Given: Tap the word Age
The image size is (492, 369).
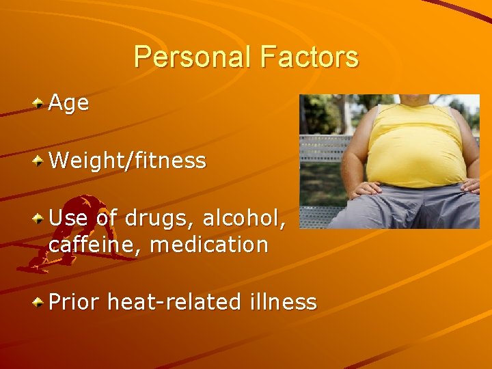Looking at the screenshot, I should pyautogui.click(x=69, y=103).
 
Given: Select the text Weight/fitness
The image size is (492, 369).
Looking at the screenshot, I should pyautogui.click(x=127, y=161).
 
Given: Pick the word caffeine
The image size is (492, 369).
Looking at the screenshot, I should pyautogui.click(x=95, y=244).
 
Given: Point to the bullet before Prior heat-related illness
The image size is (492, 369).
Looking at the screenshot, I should pyautogui.click(x=40, y=301).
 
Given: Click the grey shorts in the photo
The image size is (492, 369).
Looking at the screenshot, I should pyautogui.click(x=410, y=208).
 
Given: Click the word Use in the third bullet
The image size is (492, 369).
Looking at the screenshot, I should pyautogui.click(x=67, y=219).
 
